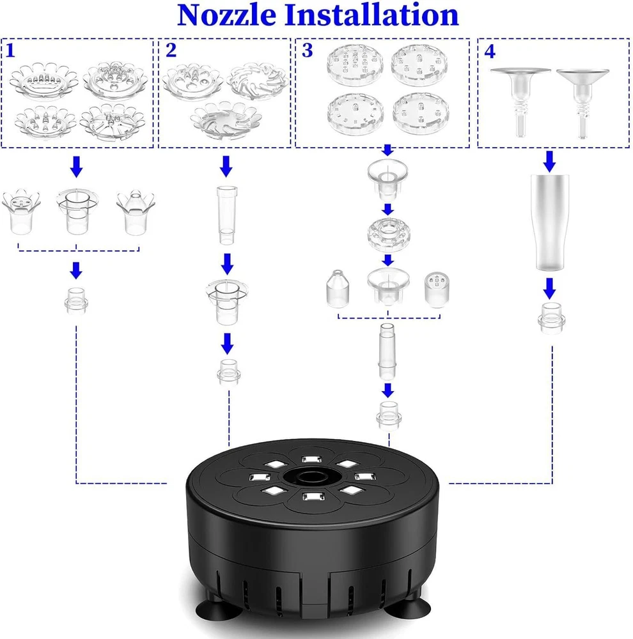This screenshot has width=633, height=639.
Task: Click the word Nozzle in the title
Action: (227, 15)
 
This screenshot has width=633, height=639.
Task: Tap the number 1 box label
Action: (12, 50)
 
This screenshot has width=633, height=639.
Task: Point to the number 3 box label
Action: (308, 50)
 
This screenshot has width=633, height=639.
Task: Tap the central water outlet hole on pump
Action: (313, 477)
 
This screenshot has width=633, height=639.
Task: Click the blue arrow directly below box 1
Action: (76, 167)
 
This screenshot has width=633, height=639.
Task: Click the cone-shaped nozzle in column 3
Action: (338, 289)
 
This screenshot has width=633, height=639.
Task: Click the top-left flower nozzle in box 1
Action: (44, 79)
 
